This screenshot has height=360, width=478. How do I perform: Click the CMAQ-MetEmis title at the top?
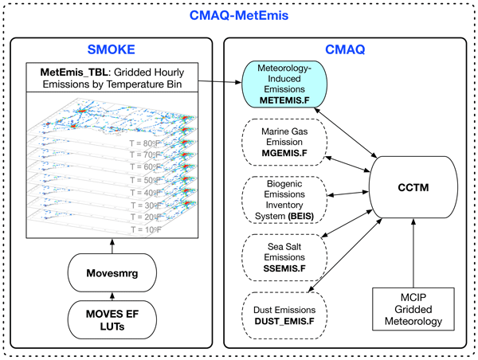pyautogui.click(x=239, y=14)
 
